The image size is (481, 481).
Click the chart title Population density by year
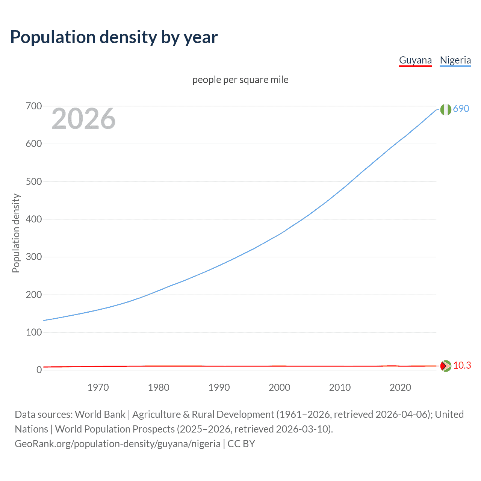coord(114,37)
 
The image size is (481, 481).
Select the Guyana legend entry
coord(415,60)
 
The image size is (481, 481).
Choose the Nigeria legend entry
coord(455,60)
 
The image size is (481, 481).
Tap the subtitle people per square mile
coord(240,80)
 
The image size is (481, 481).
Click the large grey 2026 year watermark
coord(83,119)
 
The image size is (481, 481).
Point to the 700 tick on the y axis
coord(34,106)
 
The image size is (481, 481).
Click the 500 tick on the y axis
coord(34,182)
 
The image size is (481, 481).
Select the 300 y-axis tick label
coord(34,257)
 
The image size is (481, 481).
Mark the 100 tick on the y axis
coord(34,332)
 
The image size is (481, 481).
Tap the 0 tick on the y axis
coord(39,370)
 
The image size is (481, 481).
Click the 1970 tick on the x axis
coord(98,387)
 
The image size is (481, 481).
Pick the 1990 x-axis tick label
coord(219,387)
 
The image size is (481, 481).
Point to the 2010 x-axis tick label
coord(340,387)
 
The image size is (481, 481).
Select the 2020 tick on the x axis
coord(400,387)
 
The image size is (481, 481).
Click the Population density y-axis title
coord(16,233)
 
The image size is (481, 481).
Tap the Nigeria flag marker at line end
coord(446,109)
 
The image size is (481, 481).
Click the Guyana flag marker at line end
coord(446,366)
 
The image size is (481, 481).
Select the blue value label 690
coord(461,109)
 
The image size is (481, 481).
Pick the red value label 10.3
coord(462,365)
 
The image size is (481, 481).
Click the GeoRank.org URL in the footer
coord(118,444)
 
